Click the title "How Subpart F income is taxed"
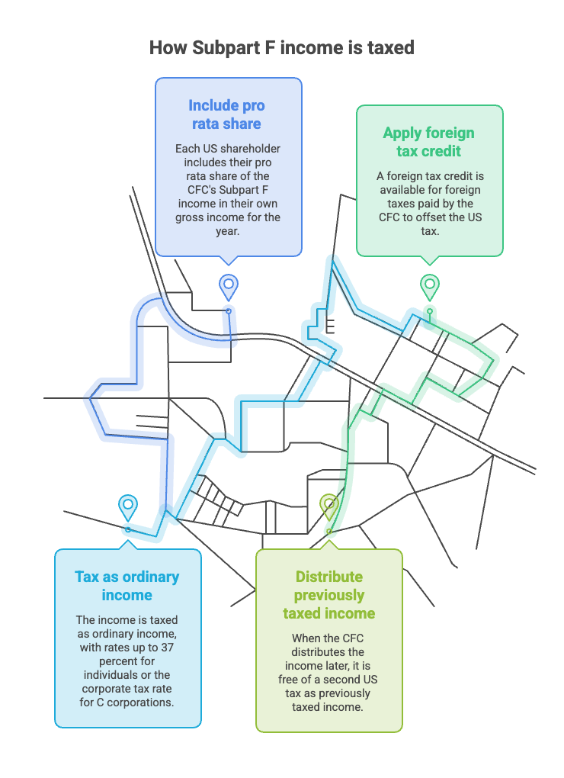point(281,48)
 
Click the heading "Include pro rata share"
point(226,114)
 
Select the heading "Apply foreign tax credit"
point(428,142)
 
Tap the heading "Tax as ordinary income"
point(127,586)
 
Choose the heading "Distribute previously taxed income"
point(329,595)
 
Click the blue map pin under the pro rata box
point(229,288)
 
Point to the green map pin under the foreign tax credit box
point(430,288)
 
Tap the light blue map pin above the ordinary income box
point(128,507)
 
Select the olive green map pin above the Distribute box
point(329,507)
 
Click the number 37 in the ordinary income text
point(167,648)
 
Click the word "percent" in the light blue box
point(127,661)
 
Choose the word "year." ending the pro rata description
point(227,231)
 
